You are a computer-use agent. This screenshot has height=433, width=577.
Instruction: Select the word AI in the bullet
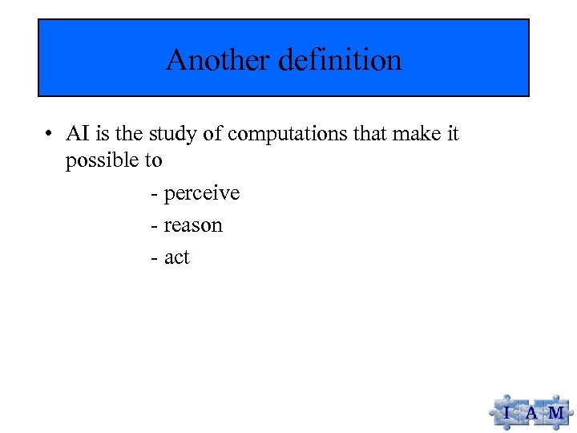pos(78,134)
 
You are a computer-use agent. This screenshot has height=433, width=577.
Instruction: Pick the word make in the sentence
pos(414,134)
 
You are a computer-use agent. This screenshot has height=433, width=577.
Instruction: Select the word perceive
pos(202,194)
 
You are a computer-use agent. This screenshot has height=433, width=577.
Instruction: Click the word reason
pos(193,226)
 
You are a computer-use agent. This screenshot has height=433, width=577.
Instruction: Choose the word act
pos(177,257)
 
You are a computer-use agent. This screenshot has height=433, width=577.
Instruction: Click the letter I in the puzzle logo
pos(506,414)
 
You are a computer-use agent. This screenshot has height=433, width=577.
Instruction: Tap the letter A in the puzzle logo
pos(531,414)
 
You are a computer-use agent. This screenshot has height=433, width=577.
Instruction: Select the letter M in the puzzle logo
pos(555,414)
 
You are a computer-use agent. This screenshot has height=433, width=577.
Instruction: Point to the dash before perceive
pos(154,194)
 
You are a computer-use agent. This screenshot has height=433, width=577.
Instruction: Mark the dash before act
pos(154,258)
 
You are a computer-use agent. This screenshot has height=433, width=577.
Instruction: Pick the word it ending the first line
pos(452,134)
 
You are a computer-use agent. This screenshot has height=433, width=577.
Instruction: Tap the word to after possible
pos(153,161)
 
